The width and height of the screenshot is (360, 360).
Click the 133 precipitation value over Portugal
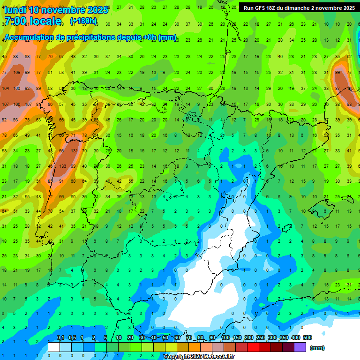click(62, 166)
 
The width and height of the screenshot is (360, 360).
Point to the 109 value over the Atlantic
click(17, 73)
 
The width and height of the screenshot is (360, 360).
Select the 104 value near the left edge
click(6, 89)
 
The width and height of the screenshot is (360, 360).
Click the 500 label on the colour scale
click(307, 337)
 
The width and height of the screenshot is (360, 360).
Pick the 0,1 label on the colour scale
click(60, 337)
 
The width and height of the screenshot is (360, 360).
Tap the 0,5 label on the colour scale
click(72, 337)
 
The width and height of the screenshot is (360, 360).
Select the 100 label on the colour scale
click(225, 337)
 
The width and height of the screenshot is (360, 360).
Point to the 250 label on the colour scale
click(261, 337)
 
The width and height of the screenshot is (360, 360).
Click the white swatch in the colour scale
click(54, 347)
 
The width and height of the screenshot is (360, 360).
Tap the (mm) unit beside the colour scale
click(317, 348)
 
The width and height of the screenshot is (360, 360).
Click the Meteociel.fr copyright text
click(199, 357)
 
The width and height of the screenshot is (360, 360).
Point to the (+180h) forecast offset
click(83, 21)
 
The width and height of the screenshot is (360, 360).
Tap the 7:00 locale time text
click(32, 21)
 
